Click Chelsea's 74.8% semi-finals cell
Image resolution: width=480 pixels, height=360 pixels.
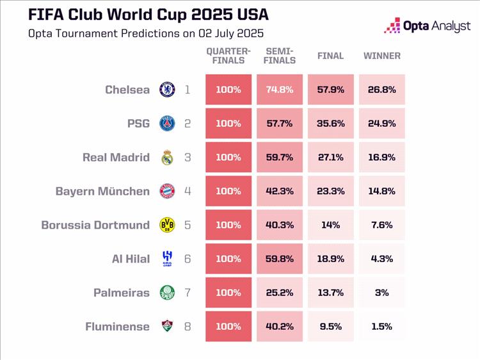[x=280, y=90]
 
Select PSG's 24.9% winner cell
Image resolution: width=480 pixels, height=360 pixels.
[x=381, y=124]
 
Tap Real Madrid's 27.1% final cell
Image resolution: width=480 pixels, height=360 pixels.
[x=331, y=158]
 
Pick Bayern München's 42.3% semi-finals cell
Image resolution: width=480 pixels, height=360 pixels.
[x=280, y=191]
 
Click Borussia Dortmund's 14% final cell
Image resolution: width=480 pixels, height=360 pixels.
[x=331, y=225]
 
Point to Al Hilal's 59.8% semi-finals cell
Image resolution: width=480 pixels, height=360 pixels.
[x=280, y=259]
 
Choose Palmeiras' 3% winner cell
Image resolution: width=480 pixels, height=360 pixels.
[x=381, y=293]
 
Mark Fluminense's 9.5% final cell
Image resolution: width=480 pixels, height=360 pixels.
[x=331, y=327]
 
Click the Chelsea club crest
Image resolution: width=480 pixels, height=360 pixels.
[x=167, y=90]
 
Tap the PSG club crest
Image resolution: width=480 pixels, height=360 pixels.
[x=167, y=124]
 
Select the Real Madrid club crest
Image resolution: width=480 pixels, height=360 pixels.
[x=167, y=158]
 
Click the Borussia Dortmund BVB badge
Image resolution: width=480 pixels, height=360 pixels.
[x=167, y=225]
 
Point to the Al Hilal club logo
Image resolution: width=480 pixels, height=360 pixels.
[x=167, y=259]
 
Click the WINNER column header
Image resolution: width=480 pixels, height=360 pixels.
[x=381, y=56]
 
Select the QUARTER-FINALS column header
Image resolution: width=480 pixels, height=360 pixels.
[x=228, y=56]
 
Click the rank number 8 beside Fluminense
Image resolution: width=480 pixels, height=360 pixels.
[x=188, y=327]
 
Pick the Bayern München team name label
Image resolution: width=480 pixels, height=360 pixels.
[x=102, y=191]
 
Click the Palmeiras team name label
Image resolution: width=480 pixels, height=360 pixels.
[x=122, y=293]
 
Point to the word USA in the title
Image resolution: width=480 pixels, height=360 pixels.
[x=247, y=14]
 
